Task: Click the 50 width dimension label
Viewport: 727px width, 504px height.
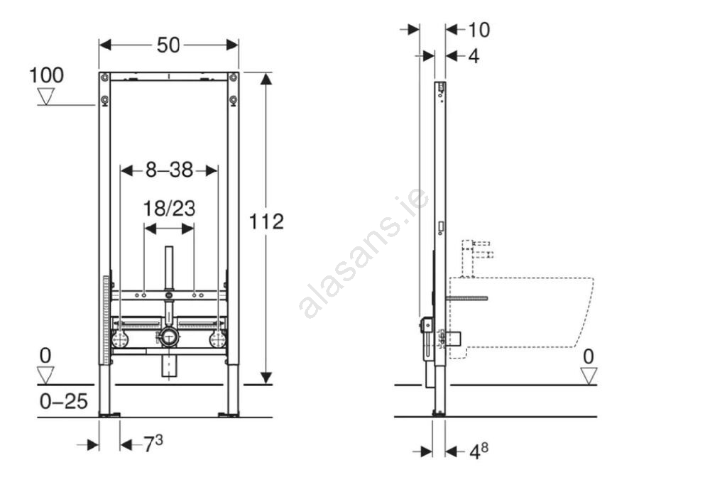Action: tap(168, 45)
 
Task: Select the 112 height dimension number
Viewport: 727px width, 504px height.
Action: tap(266, 221)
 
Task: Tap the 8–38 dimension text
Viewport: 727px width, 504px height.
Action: tap(169, 170)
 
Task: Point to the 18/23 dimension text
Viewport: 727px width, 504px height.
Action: tap(169, 209)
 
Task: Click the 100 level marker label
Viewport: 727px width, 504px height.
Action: tap(46, 75)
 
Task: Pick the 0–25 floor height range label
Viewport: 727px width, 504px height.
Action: tap(63, 402)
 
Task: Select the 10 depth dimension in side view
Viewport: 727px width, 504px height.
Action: tap(479, 30)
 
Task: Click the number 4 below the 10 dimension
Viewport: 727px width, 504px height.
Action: tap(474, 56)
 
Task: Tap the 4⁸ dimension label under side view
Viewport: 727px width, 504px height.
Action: tap(479, 451)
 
